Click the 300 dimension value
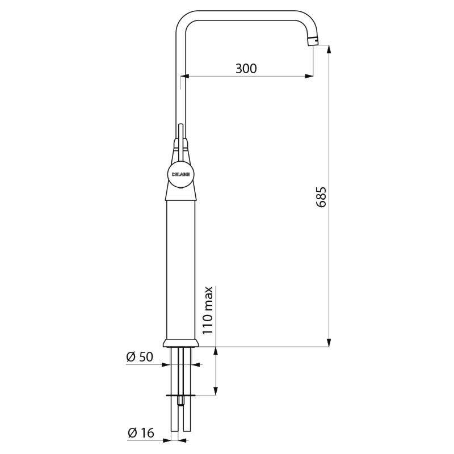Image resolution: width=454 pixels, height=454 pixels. point(246,69)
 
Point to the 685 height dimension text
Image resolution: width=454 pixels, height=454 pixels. point(321,196)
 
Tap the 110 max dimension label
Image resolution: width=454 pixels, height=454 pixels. point(208,310)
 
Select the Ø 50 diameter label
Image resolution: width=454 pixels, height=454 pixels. point(140,357)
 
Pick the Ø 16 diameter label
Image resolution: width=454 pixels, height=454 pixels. point(140,433)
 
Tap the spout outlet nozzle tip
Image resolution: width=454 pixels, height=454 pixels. point(313,41)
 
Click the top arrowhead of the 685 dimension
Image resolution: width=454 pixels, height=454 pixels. point(329,49)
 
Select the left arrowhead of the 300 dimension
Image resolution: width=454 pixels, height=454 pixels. point(185,76)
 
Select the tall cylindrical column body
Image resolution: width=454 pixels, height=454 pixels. point(181,267)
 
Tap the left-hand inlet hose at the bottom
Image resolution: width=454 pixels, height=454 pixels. point(174,420)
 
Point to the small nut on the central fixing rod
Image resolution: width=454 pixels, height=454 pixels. point(181,401)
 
